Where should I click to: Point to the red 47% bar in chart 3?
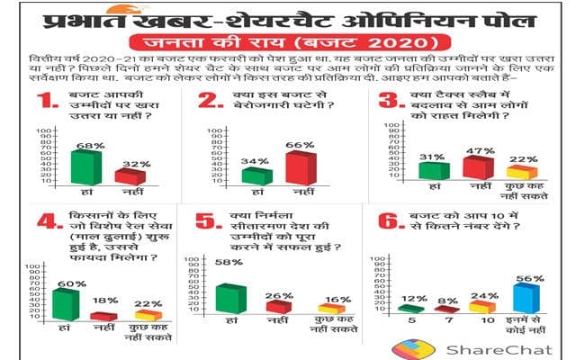[477, 167]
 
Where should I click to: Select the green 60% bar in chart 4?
[66, 304]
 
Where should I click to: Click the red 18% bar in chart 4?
[104, 316]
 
